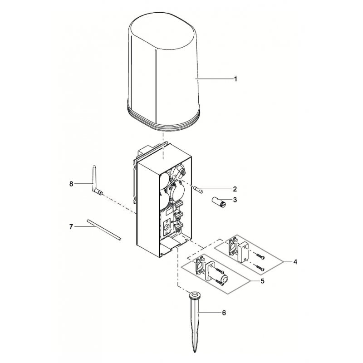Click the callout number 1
[235, 79]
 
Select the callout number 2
[235, 189]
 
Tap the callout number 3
[235, 200]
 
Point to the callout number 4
[295, 262]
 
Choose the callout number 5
[262, 281]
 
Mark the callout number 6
[224, 313]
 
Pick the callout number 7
[71, 226]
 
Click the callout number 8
[71, 184]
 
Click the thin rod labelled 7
[104, 230]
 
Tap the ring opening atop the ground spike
[195, 295]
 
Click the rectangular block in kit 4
[243, 251]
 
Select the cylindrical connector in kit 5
[225, 279]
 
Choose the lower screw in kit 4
[260, 268]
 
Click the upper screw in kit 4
[260, 256]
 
